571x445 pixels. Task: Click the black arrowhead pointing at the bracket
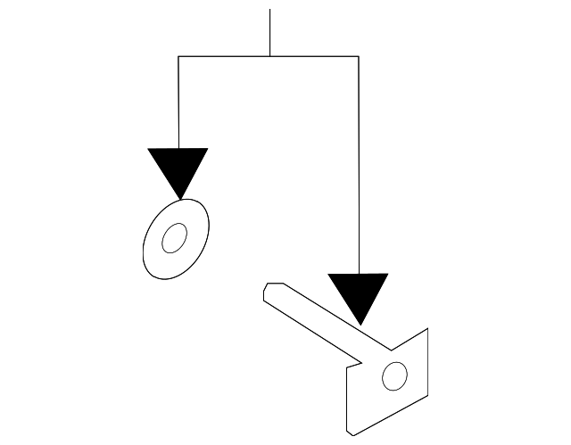click(x=359, y=293)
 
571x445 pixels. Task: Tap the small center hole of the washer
click(x=174, y=238)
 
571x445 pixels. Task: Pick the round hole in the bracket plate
click(x=392, y=377)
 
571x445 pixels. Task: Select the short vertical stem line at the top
click(x=269, y=32)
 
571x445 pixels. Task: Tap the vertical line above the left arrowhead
click(x=178, y=103)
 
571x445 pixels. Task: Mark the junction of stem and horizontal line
click(x=269, y=56)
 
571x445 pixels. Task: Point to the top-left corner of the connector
click(x=178, y=56)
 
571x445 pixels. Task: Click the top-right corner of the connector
click(x=359, y=56)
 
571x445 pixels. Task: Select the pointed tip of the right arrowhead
click(x=359, y=324)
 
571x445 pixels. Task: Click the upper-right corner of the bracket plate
click(x=428, y=328)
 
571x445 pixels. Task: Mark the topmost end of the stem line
click(x=269, y=10)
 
